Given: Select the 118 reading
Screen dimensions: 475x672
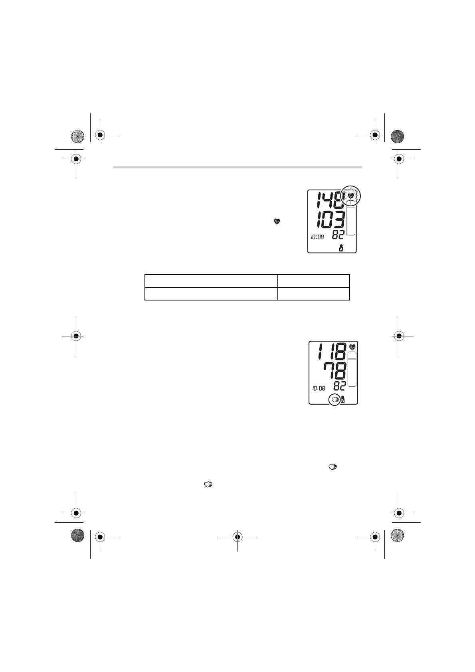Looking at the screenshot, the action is tap(332, 351).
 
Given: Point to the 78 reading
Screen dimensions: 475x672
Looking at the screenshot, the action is tap(335, 371).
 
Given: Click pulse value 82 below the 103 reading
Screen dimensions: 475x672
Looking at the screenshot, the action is tap(338, 235).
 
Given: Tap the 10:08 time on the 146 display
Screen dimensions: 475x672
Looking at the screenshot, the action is tap(317, 237).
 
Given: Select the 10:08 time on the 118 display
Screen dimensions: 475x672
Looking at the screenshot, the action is tap(319, 388).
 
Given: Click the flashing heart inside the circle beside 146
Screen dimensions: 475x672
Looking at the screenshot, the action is tap(350, 196).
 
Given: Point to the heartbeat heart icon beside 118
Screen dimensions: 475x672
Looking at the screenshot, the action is tap(352, 347).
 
